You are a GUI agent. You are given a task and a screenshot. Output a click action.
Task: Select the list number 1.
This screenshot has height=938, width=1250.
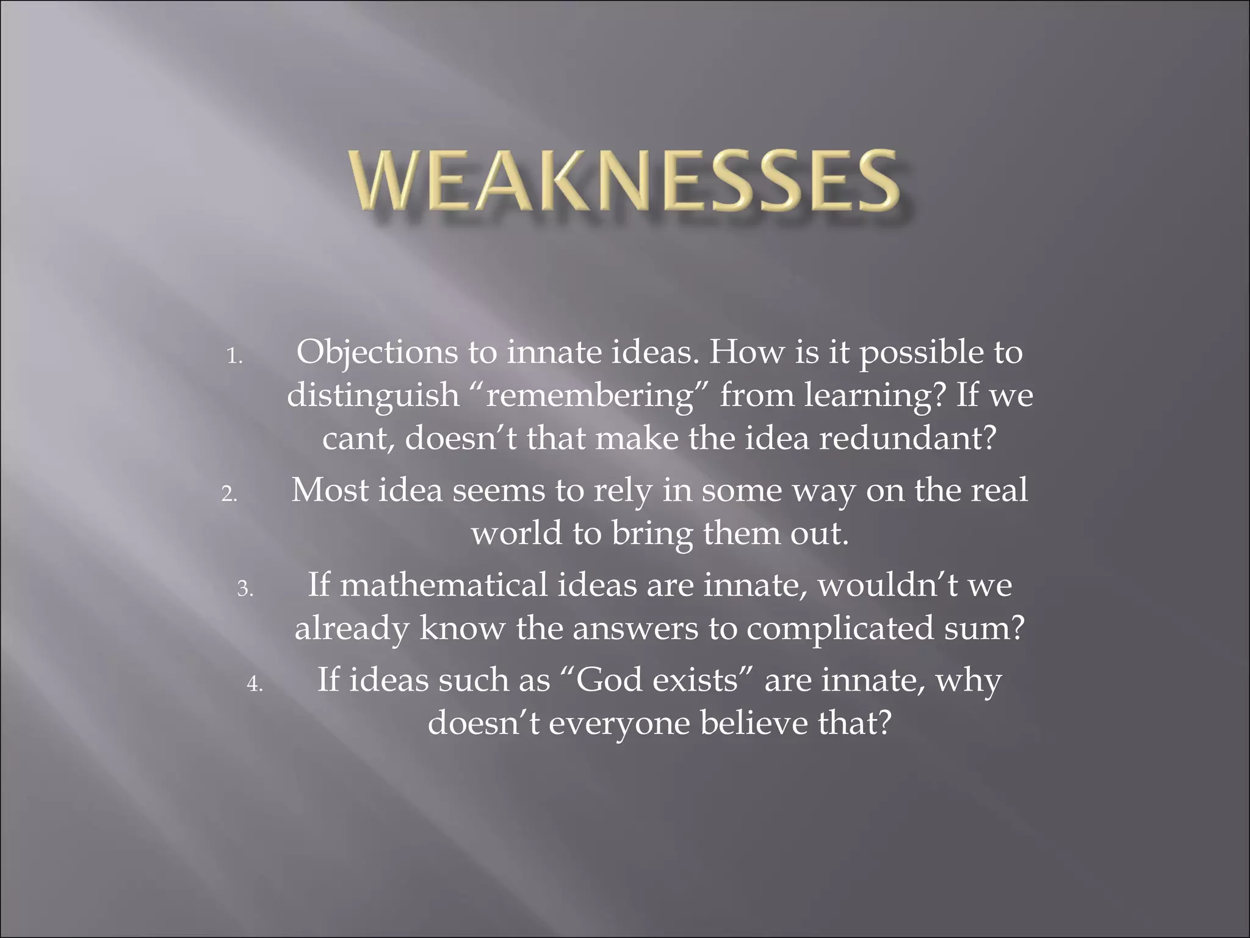pos(234,356)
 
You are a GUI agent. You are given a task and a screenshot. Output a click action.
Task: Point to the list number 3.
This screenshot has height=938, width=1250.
pos(245,589)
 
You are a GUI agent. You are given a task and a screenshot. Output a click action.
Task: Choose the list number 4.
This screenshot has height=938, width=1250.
pos(255,684)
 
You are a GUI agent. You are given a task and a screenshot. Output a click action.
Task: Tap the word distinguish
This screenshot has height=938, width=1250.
pos(373,396)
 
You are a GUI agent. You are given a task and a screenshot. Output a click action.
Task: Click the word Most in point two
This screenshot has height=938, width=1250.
pos(330,490)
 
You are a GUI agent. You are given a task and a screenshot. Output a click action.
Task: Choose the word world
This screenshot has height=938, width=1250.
pos(516,533)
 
